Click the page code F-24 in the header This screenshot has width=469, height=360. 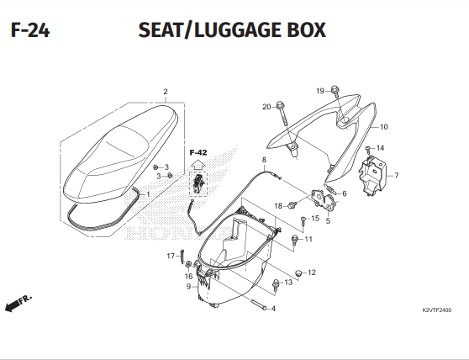(x=29, y=32)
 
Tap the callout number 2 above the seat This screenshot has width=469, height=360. (x=166, y=92)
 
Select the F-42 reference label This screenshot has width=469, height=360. (x=198, y=152)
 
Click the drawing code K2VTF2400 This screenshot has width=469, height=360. (x=437, y=310)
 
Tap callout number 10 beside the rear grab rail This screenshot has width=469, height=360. (x=383, y=128)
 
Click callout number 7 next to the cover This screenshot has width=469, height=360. (x=396, y=176)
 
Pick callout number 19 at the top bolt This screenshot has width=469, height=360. (x=320, y=91)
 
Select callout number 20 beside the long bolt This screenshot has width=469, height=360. (x=266, y=107)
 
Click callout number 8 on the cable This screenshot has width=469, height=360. (x=264, y=160)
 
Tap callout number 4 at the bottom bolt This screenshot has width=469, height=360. (x=272, y=308)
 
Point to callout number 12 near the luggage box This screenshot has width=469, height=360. (x=311, y=273)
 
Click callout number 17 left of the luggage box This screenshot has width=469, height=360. (x=170, y=256)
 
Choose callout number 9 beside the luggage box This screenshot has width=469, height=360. (x=188, y=286)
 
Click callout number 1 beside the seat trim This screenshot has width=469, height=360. (x=148, y=194)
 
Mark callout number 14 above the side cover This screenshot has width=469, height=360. (x=380, y=148)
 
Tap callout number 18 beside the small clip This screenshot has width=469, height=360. (x=277, y=206)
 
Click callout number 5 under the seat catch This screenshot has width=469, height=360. (x=327, y=221)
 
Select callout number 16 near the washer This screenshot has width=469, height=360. (x=188, y=276)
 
